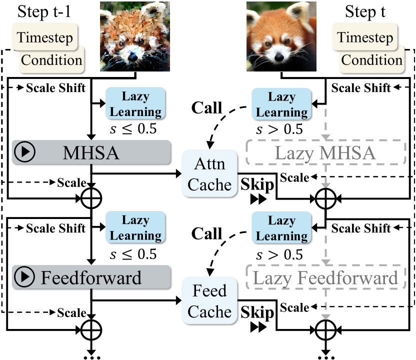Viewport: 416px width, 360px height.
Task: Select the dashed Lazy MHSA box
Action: [326, 153]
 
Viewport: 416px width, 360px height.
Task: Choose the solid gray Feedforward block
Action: [91, 277]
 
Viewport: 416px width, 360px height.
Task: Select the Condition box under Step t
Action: [372, 60]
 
